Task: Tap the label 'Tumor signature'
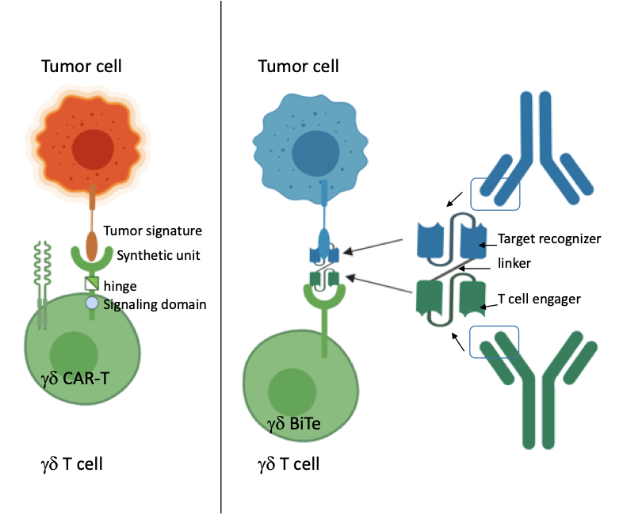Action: (x=154, y=231)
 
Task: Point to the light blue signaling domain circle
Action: (x=92, y=303)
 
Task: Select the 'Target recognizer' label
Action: (x=549, y=238)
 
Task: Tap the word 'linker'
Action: (x=514, y=261)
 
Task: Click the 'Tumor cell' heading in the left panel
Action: (x=82, y=66)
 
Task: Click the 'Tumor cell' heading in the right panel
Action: (x=299, y=66)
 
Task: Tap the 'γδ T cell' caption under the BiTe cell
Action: (x=289, y=463)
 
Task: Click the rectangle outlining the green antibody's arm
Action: (x=494, y=341)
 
